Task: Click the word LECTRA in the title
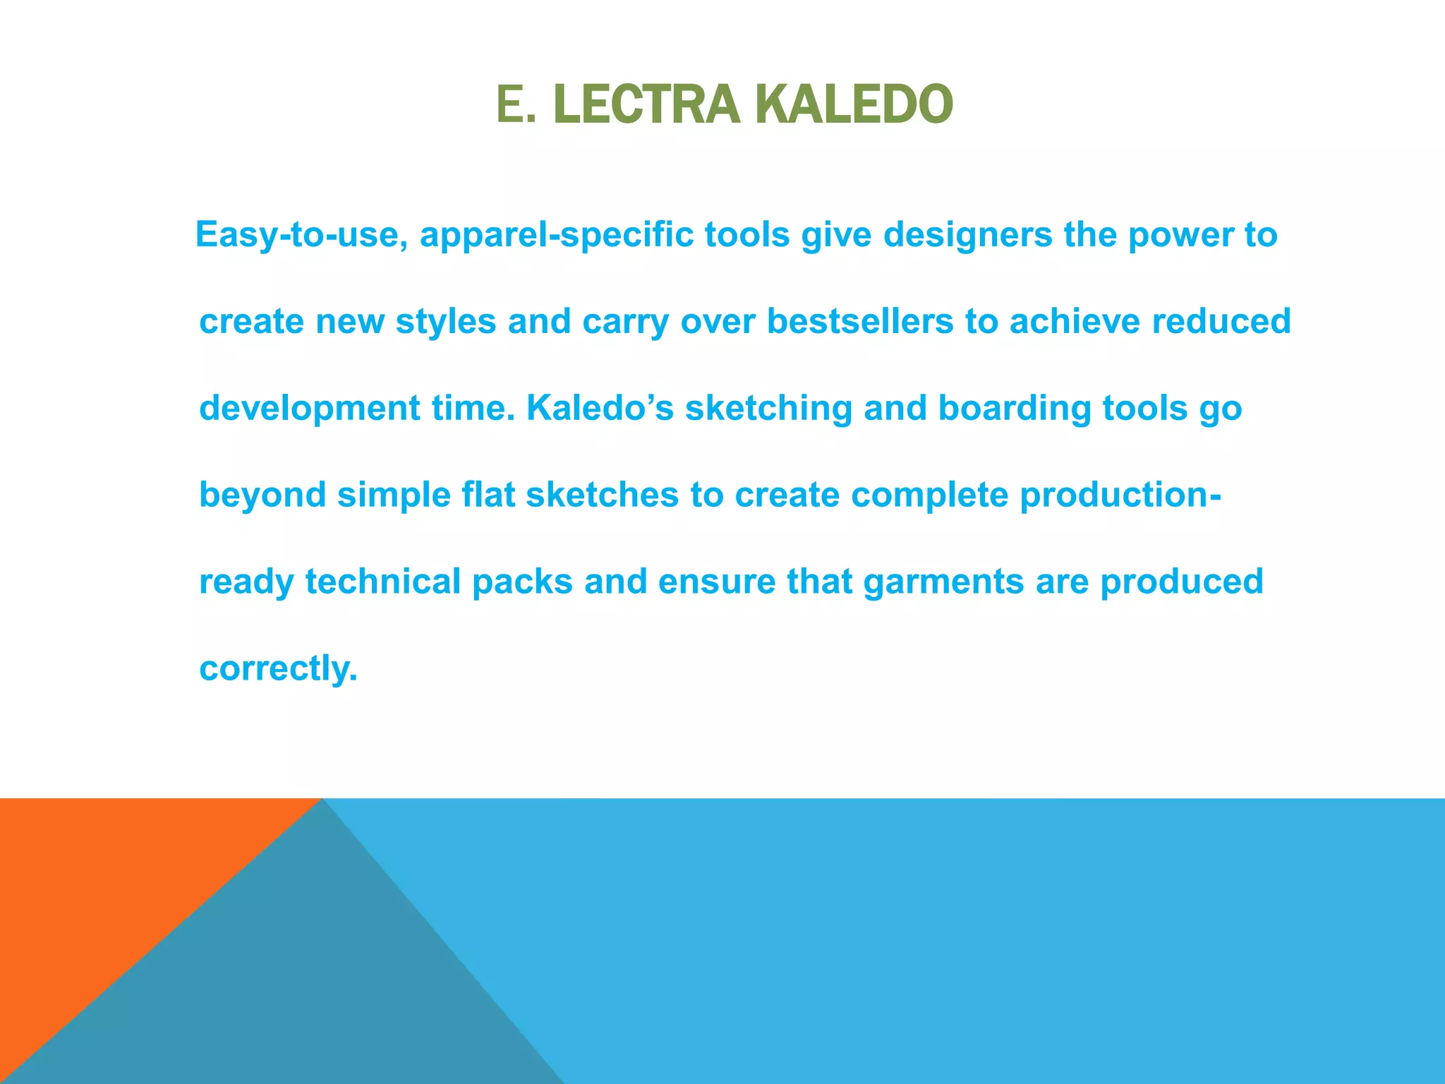point(646,104)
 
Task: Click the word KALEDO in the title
point(854,104)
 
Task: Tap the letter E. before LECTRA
point(516,104)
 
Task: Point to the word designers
point(967,234)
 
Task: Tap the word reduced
point(1221,322)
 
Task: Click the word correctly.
point(278,668)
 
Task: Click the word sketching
point(768,409)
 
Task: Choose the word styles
point(446,322)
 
